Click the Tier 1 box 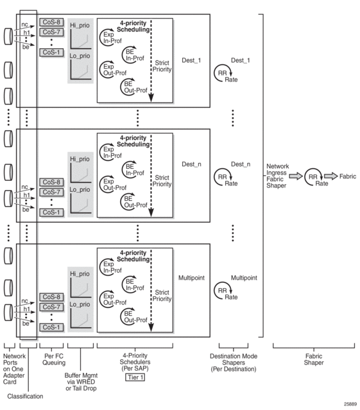(x=135, y=377)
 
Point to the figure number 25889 (x=350, y=404)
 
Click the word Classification (x=25, y=396)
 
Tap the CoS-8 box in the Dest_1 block (x=51, y=22)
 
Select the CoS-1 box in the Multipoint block (x=51, y=327)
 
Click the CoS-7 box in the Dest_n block (x=51, y=192)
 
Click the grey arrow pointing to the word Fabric (x=330, y=176)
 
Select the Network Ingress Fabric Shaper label (x=277, y=176)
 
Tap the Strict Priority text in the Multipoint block (x=162, y=296)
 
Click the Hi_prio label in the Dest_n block (x=80, y=159)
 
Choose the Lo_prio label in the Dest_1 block (x=80, y=56)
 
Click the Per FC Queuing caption (x=54, y=359)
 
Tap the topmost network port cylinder (x=8, y=37)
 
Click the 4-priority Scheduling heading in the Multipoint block (x=133, y=256)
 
